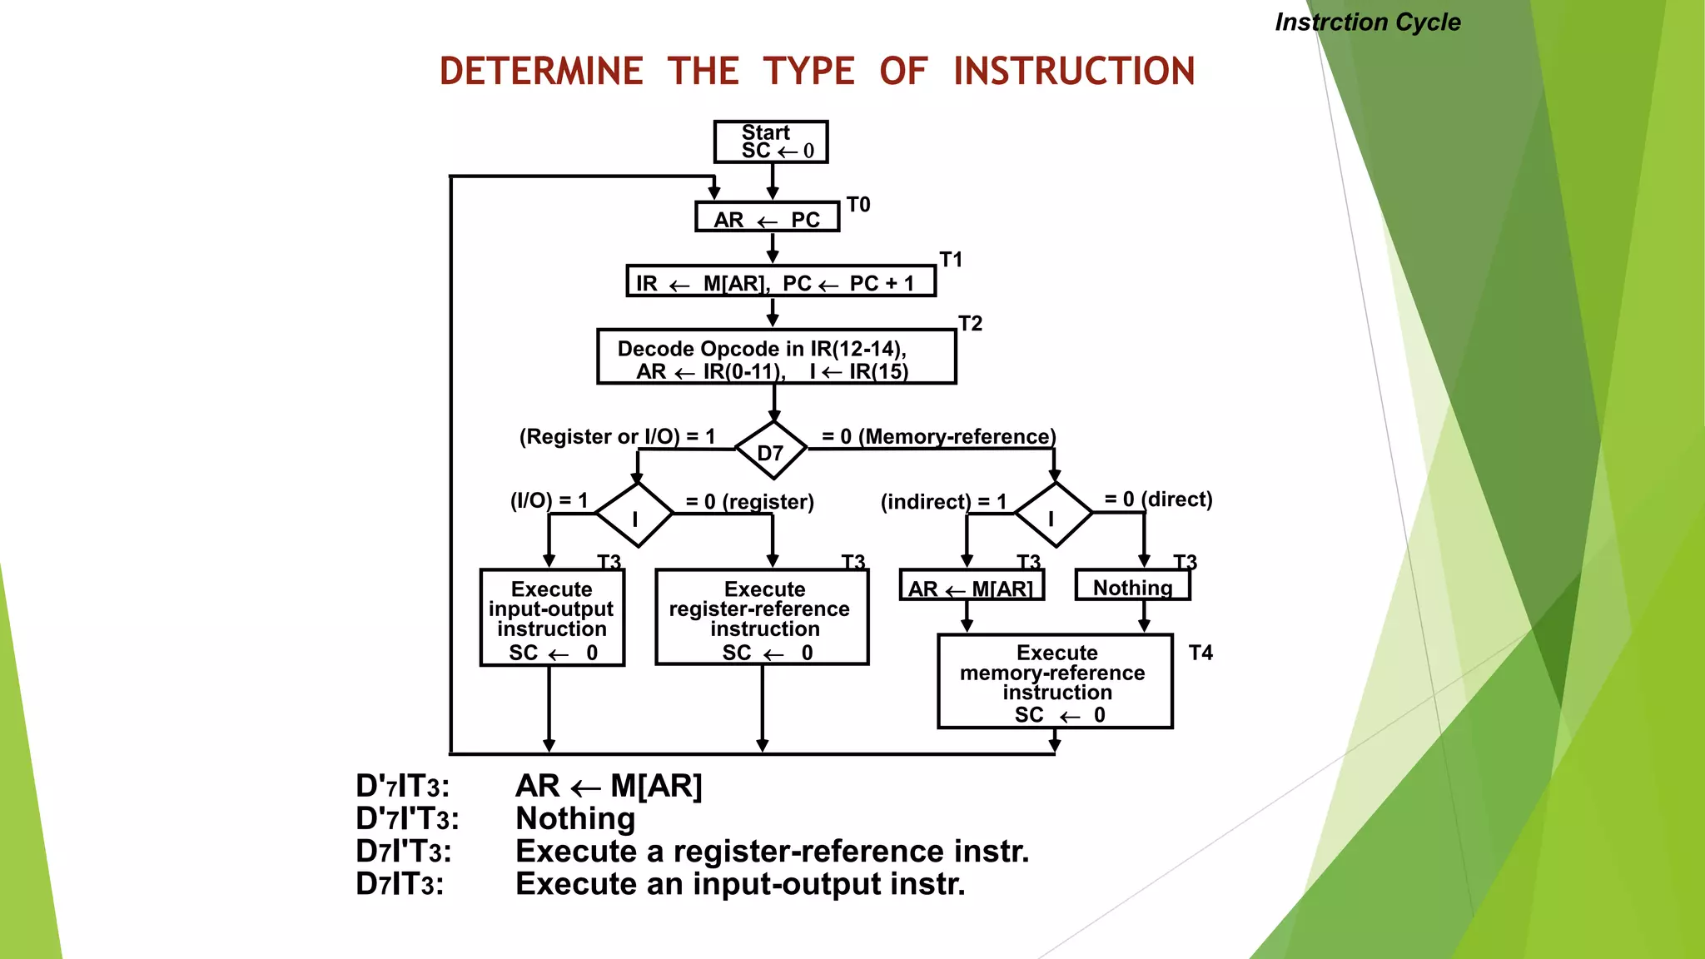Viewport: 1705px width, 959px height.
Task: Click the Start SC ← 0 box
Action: point(770,142)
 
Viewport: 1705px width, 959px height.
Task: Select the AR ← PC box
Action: point(767,217)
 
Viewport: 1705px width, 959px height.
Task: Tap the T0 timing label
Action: point(858,205)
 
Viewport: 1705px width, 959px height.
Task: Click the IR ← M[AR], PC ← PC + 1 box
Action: point(780,281)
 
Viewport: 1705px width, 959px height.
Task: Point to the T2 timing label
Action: point(970,323)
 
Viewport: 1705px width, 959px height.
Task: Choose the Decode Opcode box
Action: point(776,357)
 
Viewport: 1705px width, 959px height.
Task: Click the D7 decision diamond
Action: point(771,451)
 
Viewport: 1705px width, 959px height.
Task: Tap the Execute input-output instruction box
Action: point(552,618)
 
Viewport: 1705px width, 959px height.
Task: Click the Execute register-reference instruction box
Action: point(762,618)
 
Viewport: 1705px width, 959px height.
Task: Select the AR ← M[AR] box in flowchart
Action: point(971,586)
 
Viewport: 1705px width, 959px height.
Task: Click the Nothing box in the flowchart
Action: point(1132,586)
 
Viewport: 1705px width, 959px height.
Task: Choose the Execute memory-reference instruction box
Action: point(1055,682)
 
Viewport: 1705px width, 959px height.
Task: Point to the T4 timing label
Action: point(1200,653)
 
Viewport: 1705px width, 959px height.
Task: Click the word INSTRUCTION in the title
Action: point(1074,72)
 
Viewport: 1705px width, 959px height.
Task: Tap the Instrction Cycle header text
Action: point(1367,22)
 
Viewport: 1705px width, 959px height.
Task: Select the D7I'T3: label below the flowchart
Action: point(404,852)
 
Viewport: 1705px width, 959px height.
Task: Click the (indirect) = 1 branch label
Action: point(943,502)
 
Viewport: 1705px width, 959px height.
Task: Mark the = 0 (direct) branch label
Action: point(1158,499)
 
